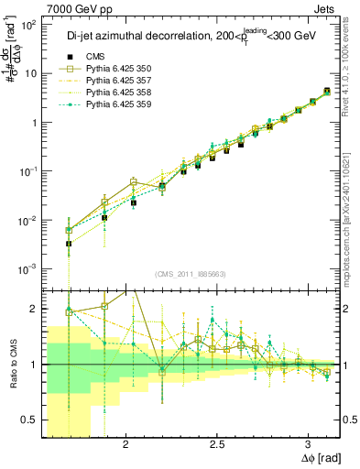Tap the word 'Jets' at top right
coord(325,8)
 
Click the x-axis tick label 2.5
coord(217,444)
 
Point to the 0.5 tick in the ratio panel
coord(28,419)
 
